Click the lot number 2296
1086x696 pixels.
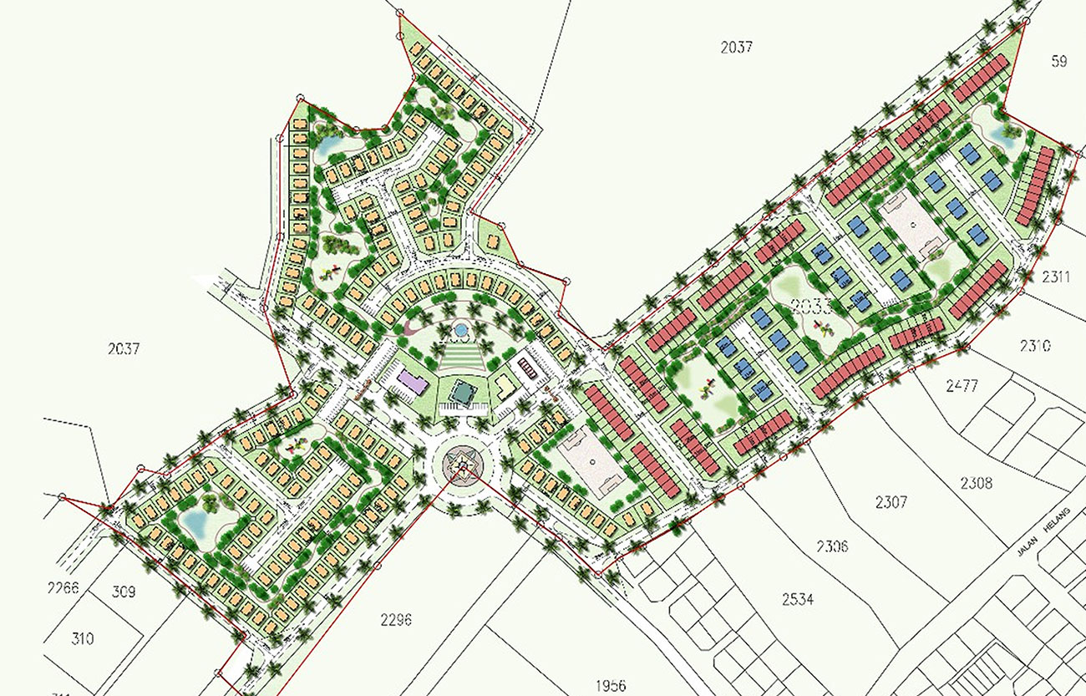click(395, 620)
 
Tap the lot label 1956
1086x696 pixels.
click(611, 686)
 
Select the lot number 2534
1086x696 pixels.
click(798, 600)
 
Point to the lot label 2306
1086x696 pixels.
click(832, 546)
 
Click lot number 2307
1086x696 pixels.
click(891, 502)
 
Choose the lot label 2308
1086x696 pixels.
click(976, 482)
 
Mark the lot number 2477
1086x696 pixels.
click(961, 385)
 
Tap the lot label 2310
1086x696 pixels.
click(1034, 345)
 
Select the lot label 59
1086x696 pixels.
click(1059, 62)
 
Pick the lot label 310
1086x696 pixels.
click(82, 639)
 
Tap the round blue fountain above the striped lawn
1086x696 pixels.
click(460, 331)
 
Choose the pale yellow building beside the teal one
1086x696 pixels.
click(505, 385)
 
